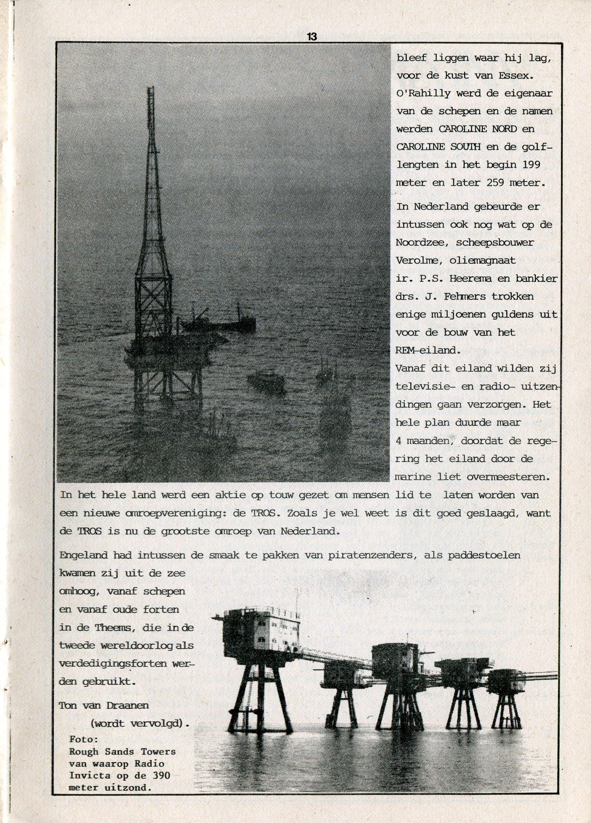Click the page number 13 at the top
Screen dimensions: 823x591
312,37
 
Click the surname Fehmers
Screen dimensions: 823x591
474,296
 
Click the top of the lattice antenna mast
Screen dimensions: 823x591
149,89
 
